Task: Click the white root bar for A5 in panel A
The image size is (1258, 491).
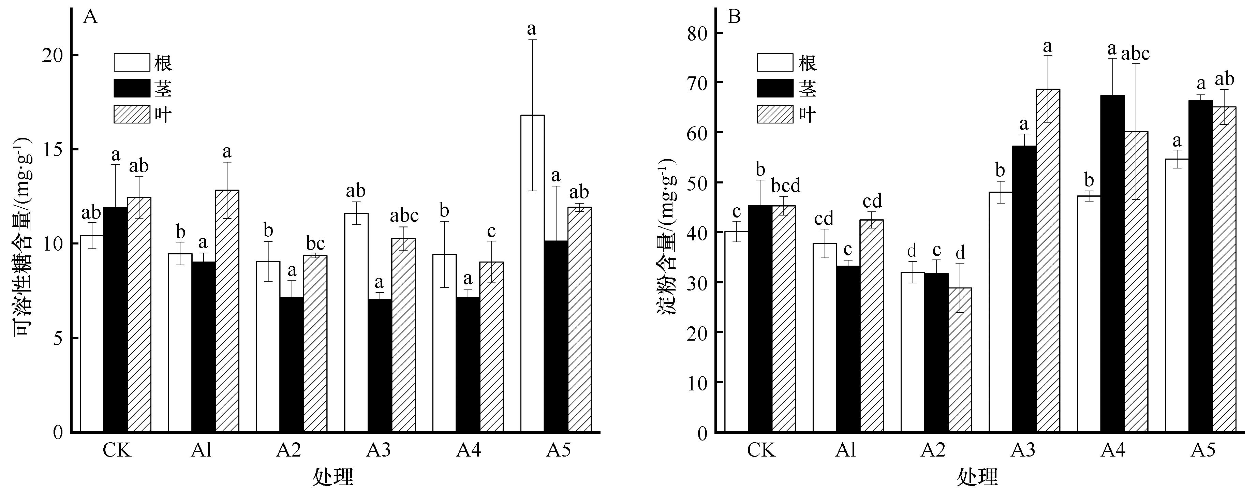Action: coord(532,273)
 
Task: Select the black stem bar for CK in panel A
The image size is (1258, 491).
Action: coord(115,320)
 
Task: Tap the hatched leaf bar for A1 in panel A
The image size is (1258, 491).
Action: coord(227,311)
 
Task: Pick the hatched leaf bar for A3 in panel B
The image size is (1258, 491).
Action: coord(1048,261)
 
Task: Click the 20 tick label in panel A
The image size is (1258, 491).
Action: coord(53,55)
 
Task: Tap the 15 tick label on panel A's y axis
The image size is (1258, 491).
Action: coord(53,149)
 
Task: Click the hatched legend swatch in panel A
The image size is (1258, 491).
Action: coord(132,114)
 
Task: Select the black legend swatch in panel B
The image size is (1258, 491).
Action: coord(775,88)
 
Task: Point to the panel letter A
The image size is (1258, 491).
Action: coord(91,17)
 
